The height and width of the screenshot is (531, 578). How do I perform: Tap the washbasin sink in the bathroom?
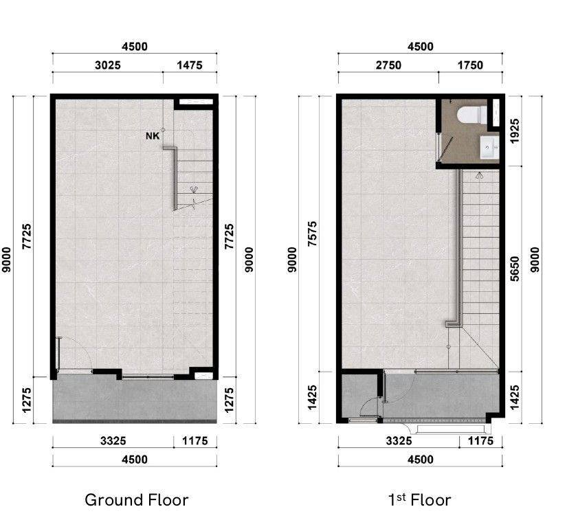pyautogui.click(x=489, y=148)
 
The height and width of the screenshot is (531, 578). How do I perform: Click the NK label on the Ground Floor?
pyautogui.click(x=153, y=136)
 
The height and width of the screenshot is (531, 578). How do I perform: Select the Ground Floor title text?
pyautogui.click(x=136, y=500)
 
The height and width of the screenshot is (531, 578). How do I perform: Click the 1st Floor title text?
pyautogui.click(x=419, y=500)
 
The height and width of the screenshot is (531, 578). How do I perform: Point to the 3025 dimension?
pyautogui.click(x=108, y=65)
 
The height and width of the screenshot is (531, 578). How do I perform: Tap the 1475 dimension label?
pyautogui.click(x=190, y=65)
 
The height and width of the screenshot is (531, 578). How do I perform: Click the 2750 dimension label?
pyautogui.click(x=388, y=65)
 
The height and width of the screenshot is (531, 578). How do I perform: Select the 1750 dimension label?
pyautogui.click(x=470, y=65)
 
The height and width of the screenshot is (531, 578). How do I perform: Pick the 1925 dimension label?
pyautogui.click(x=515, y=131)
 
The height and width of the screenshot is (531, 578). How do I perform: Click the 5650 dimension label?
pyautogui.click(x=515, y=269)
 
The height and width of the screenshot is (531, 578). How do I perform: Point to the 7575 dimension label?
pyautogui.click(x=312, y=234)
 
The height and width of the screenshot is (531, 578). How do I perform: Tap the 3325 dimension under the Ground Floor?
pyautogui.click(x=113, y=441)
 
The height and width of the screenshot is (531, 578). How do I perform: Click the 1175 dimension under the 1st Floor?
pyautogui.click(x=480, y=441)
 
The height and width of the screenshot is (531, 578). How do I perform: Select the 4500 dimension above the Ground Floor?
pyautogui.click(x=135, y=47)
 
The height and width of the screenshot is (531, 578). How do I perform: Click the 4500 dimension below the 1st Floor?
pyautogui.click(x=421, y=460)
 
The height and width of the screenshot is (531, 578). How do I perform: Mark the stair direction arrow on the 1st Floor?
pyautogui.click(x=479, y=175)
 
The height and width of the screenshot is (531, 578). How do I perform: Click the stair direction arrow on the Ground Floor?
pyautogui.click(x=194, y=190)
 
